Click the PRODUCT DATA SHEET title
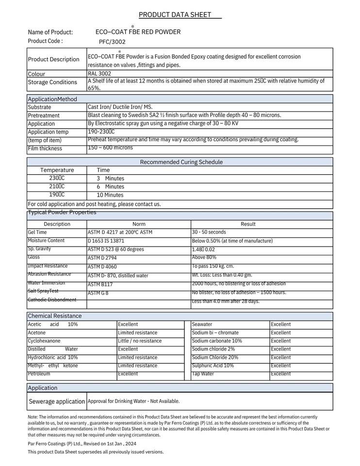coord(175,15)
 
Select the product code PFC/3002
coord(112,42)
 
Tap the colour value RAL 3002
coord(99,74)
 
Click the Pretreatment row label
coord(44,116)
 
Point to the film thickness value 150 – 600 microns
coord(110,148)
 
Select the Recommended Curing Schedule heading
coord(181,162)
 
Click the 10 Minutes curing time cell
coord(110,195)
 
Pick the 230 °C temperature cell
coord(57,178)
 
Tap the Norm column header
coord(139,224)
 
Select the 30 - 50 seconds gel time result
coord(209,232)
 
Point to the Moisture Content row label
coord(46,241)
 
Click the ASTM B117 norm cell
coord(100,284)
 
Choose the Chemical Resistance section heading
coord(55,316)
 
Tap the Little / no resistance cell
coord(140,341)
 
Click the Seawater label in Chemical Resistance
coord(202,324)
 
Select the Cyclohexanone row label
coord(44,341)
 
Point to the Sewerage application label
coord(57,401)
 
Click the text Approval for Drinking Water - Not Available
coord(133,401)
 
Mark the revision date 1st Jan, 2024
coord(121,444)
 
